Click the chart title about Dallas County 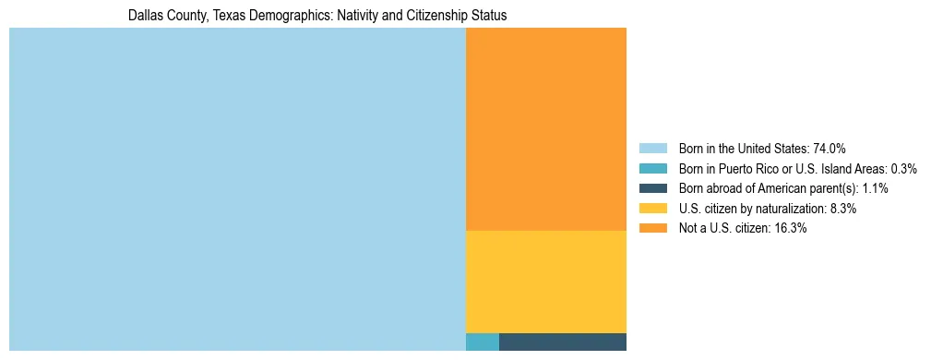[x=317, y=16]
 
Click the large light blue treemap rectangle [x=237, y=189]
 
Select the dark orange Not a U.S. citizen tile [x=546, y=129]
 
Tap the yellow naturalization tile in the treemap [x=546, y=282]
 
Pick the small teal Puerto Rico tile [x=483, y=342]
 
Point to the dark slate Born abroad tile [x=563, y=342]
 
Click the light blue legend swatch [x=653, y=148]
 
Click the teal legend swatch [x=653, y=168]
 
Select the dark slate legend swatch [x=653, y=188]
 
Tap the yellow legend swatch [x=653, y=209]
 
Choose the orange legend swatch [x=653, y=229]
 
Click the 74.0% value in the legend [x=830, y=148]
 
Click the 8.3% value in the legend [x=843, y=209]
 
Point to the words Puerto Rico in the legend [x=757, y=168]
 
